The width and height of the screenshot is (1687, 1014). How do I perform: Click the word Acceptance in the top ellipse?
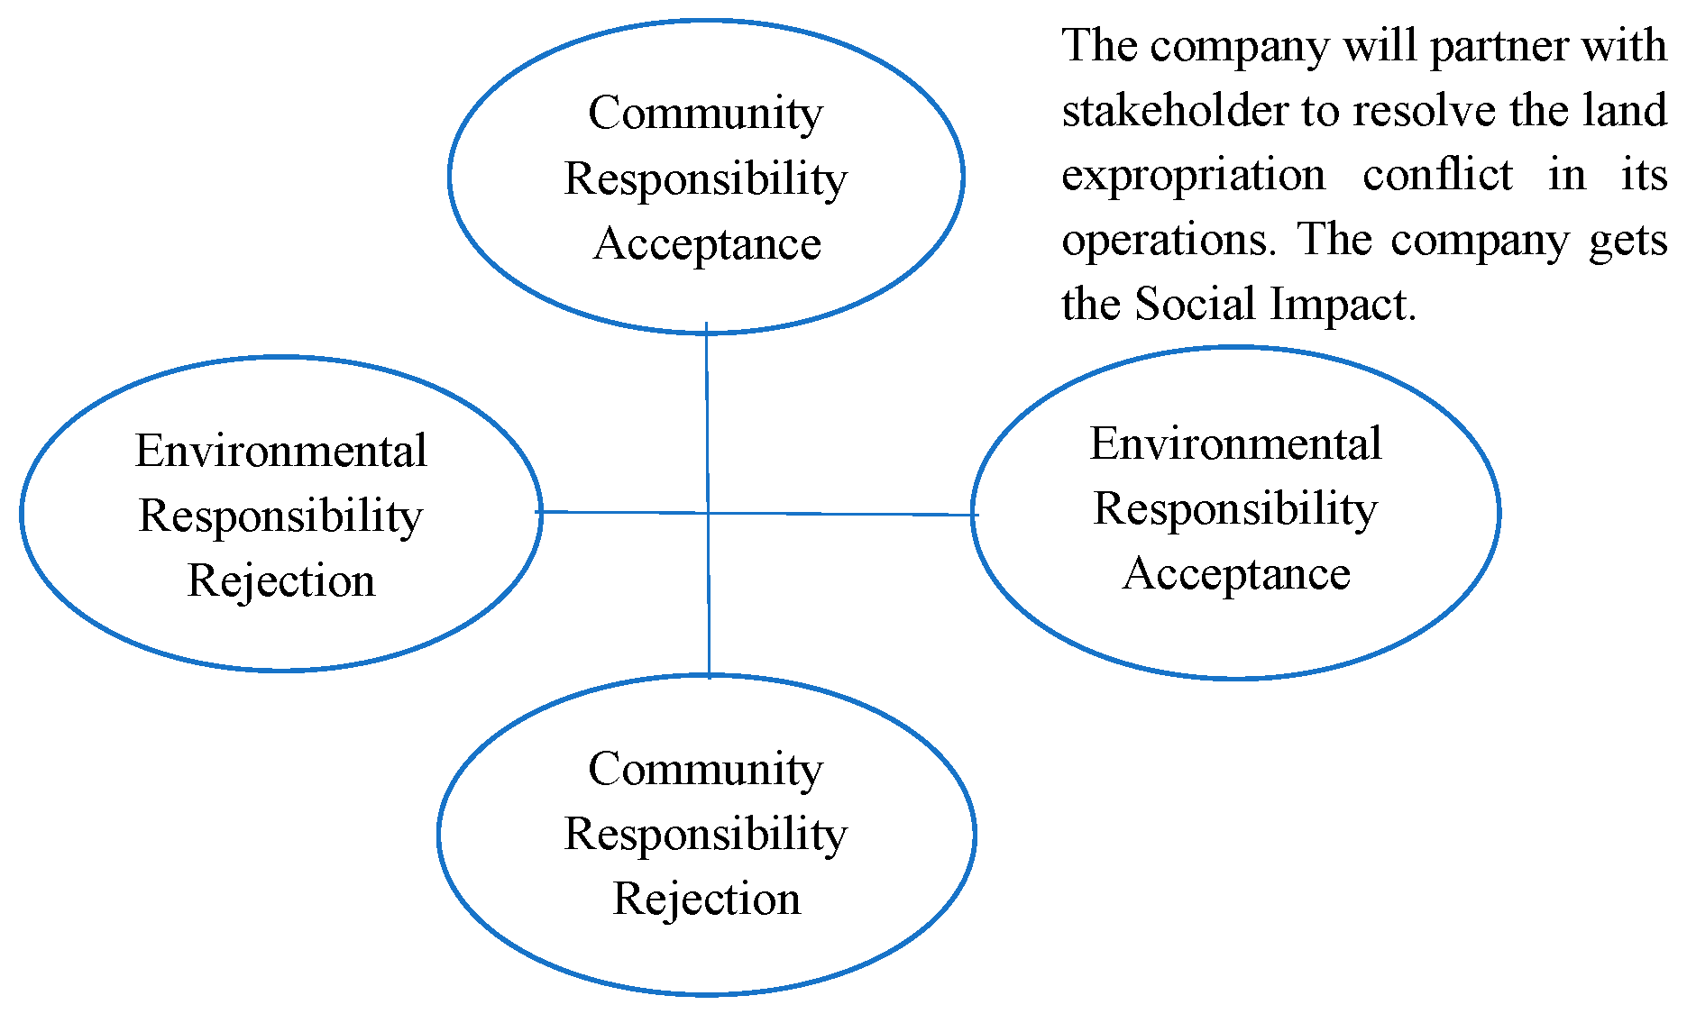[x=707, y=243]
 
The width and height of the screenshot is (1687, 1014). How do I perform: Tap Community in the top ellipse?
[x=705, y=114]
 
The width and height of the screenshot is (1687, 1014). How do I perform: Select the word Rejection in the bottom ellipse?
[x=706, y=899]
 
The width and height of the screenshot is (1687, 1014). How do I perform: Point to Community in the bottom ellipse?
[x=705, y=769]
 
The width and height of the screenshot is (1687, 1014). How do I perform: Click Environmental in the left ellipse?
[x=280, y=451]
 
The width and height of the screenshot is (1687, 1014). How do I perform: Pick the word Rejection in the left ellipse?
[x=280, y=580]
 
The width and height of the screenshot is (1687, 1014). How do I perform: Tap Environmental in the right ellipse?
[x=1235, y=443]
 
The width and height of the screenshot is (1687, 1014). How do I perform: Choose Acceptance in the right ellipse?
[x=1236, y=573]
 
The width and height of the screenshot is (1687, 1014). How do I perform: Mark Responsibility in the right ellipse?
[x=1235, y=508]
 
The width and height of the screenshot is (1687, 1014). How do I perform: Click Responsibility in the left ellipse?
[x=280, y=516]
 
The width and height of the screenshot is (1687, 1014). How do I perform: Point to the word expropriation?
[x=1193, y=175]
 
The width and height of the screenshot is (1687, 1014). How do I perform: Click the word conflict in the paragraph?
[x=1437, y=175]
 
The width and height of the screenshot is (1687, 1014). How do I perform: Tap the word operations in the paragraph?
[x=1169, y=240]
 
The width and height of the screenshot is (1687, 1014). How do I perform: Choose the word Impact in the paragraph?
[x=1338, y=304]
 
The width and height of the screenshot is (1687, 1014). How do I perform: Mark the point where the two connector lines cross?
[x=708, y=513]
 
